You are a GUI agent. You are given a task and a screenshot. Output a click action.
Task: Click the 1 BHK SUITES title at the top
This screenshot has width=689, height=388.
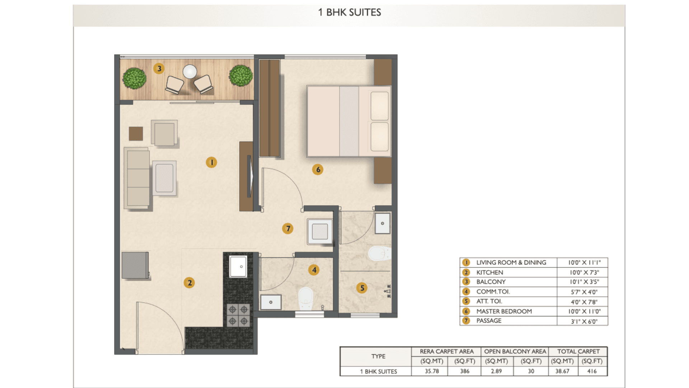[350, 12]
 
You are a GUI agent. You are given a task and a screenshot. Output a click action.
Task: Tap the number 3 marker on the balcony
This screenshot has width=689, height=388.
[159, 68]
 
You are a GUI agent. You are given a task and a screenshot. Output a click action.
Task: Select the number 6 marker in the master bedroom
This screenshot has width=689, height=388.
[318, 169]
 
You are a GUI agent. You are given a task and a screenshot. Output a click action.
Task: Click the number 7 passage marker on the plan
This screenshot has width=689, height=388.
[288, 228]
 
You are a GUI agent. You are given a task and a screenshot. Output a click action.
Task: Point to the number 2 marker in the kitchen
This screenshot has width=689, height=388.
[189, 283]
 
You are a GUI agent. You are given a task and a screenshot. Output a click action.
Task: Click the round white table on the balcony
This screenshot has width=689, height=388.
[189, 71]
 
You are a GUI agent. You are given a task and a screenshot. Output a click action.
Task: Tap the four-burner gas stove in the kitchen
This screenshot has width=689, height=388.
[238, 315]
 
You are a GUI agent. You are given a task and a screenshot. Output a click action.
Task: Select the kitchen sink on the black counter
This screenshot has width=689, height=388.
[238, 266]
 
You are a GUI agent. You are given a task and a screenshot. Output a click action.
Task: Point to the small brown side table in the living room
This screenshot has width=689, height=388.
[136, 134]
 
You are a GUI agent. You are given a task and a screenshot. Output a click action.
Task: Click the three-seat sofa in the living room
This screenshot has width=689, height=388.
[137, 178]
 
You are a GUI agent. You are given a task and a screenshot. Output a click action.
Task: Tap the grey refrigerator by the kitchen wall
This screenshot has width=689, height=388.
[135, 265]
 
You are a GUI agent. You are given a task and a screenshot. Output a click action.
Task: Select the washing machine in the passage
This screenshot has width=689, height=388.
[320, 231]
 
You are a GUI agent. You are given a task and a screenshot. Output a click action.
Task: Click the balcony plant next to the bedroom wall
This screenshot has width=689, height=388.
[241, 76]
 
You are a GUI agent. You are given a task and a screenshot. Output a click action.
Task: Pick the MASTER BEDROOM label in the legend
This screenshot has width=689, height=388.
[504, 311]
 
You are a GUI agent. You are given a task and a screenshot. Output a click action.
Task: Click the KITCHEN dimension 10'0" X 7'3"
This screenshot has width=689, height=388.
[584, 272]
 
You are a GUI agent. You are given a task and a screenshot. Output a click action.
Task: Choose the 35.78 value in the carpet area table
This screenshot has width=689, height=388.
[432, 371]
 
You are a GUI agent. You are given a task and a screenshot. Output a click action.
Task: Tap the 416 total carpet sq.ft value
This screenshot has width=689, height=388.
[592, 371]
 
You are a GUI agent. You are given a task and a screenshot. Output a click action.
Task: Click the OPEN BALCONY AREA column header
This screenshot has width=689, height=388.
[515, 351]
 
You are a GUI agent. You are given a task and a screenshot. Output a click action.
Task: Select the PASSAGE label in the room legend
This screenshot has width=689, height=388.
[489, 320]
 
